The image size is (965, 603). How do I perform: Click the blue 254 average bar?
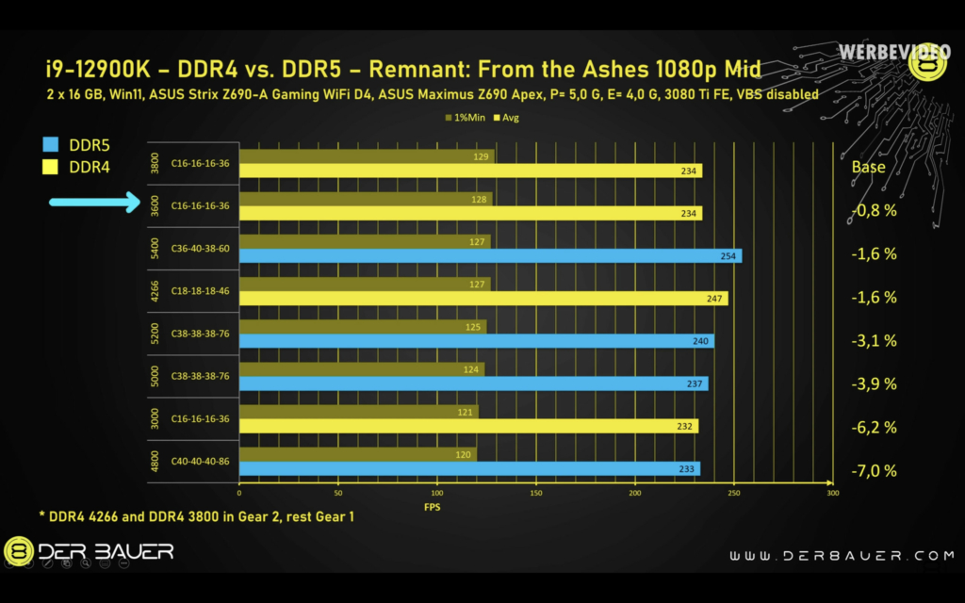[x=490, y=256]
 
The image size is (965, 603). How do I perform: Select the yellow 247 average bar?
[x=483, y=299]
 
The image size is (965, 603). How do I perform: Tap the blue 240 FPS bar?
[x=477, y=341]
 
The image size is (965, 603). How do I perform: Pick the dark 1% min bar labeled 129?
[x=367, y=155]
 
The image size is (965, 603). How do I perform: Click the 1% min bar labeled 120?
[x=358, y=454]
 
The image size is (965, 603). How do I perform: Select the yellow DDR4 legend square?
[x=51, y=168]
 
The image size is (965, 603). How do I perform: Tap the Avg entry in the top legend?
[x=506, y=118]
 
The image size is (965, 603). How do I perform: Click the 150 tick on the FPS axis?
[x=536, y=493]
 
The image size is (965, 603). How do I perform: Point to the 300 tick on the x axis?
[x=832, y=493]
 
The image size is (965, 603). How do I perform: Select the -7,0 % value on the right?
[x=874, y=470]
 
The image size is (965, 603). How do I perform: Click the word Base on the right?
[x=868, y=167]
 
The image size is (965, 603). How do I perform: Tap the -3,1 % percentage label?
[x=874, y=340]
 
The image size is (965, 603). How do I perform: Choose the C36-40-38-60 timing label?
[x=200, y=249]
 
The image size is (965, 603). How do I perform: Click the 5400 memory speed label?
[x=155, y=249]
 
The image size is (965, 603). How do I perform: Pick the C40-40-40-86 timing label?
[x=200, y=462]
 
